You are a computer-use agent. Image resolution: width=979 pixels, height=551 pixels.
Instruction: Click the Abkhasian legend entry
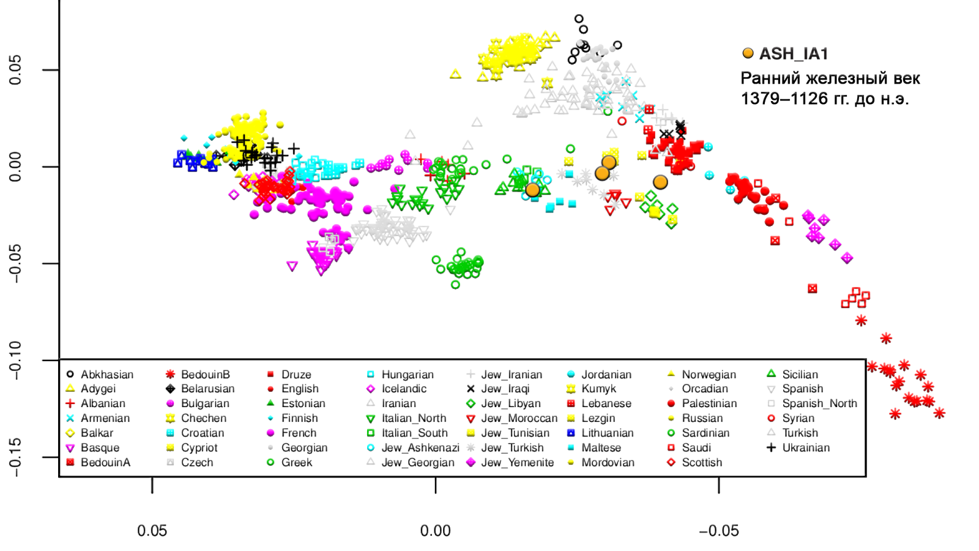106,374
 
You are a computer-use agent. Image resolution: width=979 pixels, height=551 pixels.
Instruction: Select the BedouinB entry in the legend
205,374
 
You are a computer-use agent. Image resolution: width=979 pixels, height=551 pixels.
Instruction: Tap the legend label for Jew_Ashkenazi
420,448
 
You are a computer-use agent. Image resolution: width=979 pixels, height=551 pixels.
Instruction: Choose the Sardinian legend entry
705,433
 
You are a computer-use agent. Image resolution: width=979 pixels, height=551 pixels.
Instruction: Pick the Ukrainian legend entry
806,448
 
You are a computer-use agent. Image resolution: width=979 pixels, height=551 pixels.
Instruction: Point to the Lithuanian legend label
607,433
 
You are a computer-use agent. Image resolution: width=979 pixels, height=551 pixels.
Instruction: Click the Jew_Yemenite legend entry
517,462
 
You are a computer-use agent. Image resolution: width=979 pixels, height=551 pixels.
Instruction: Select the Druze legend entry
296,374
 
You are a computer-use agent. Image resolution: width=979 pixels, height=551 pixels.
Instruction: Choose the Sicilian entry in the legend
800,374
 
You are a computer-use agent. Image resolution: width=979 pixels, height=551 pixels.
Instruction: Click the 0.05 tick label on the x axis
152,531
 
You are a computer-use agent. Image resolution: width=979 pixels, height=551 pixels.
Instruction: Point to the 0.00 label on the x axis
435,531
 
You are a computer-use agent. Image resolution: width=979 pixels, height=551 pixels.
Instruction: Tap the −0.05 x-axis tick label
718,531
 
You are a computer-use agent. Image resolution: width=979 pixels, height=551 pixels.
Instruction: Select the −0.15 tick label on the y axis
15,457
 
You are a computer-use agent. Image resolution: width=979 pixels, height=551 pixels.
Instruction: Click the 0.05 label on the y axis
15,70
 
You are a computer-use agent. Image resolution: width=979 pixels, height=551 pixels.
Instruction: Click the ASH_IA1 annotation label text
794,54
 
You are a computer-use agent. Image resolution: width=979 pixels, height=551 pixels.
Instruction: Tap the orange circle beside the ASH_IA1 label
748,53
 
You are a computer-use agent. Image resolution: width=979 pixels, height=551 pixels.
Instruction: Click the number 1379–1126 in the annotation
784,99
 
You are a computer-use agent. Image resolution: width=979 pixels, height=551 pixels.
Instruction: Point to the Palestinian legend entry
709,403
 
